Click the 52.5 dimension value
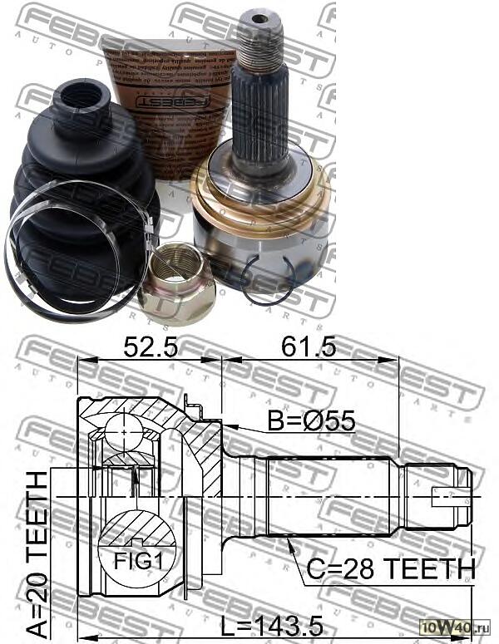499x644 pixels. [x=150, y=345]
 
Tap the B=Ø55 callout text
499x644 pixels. [x=312, y=421]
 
